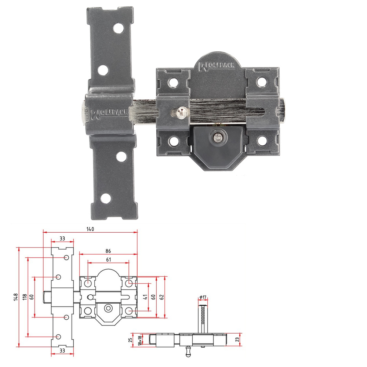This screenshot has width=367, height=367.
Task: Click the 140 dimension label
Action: tap(90, 229)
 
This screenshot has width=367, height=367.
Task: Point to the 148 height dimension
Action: tap(15, 297)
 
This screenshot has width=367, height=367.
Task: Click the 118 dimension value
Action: tap(25, 297)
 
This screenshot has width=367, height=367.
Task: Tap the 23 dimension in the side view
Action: tap(237, 339)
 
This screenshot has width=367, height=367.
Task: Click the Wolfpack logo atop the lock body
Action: tap(218, 66)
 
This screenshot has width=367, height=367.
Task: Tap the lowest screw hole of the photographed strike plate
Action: tap(106, 198)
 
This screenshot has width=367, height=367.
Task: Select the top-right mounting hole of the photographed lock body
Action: tap(261, 80)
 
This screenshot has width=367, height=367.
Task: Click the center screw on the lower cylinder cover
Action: tap(217, 137)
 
